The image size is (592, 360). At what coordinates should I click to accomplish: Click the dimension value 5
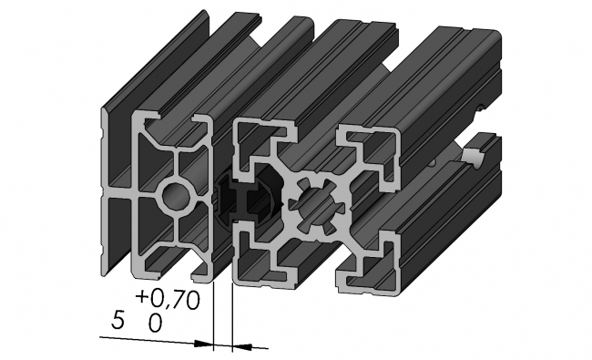117,322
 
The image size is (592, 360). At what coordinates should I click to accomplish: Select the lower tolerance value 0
155,324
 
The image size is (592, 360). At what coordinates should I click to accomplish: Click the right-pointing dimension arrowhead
203,344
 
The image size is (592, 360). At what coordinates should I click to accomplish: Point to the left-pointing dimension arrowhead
241,345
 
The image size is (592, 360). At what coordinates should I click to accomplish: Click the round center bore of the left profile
176,196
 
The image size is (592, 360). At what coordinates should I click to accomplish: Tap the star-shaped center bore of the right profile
317,205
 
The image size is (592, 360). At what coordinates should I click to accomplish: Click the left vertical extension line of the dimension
214,316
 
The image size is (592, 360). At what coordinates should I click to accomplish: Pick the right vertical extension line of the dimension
232,318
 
